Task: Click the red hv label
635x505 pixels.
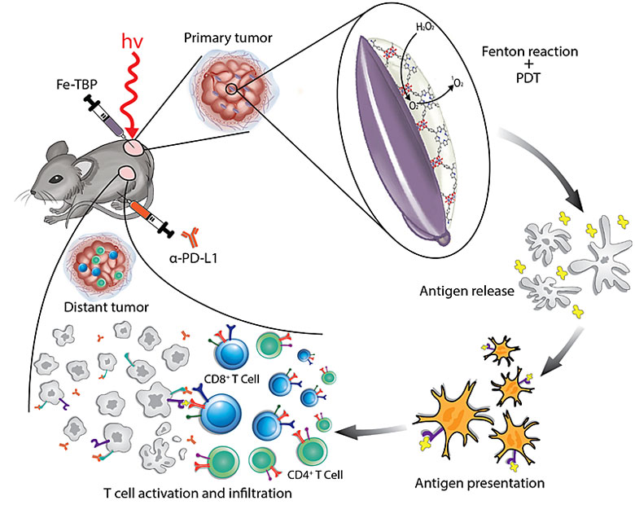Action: pyautogui.click(x=133, y=42)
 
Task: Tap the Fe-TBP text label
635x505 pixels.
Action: pyautogui.click(x=77, y=84)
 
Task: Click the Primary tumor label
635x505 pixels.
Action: pyautogui.click(x=228, y=38)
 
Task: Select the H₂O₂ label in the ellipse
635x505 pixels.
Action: pyautogui.click(x=425, y=28)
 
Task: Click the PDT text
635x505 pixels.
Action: pyautogui.click(x=528, y=77)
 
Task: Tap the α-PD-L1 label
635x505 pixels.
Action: pyautogui.click(x=194, y=258)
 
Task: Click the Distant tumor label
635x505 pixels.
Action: pyautogui.click(x=107, y=307)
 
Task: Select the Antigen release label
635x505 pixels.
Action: pyautogui.click(x=467, y=291)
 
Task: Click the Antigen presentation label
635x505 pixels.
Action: pyautogui.click(x=480, y=483)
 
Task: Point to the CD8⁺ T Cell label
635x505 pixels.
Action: pyautogui.click(x=232, y=380)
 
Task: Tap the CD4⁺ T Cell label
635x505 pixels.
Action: pyautogui.click(x=315, y=475)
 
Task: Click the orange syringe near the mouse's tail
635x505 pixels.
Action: pyautogui.click(x=149, y=217)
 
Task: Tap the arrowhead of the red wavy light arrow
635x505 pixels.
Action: pyautogui.click(x=132, y=134)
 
